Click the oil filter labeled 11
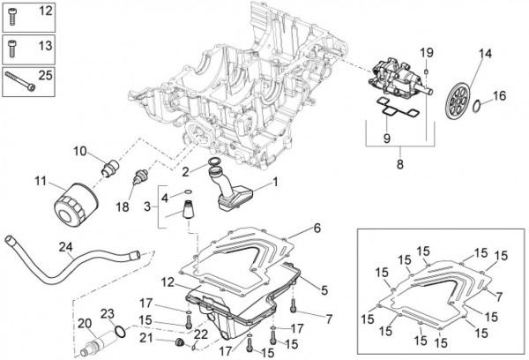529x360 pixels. pyautogui.click(x=76, y=204)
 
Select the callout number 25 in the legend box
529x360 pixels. pyautogui.click(x=45, y=75)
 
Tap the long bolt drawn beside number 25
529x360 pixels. pyautogui.click(x=20, y=82)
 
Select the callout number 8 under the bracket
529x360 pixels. pyautogui.click(x=399, y=164)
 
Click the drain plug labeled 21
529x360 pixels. pyautogui.click(x=180, y=342)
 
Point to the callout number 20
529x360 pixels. pyautogui.click(x=85, y=324)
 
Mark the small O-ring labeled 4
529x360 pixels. pyautogui.click(x=188, y=192)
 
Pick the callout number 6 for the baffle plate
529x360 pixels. pyautogui.click(x=317, y=229)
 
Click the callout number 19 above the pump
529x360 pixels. pyautogui.click(x=427, y=53)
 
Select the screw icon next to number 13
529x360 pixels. pyautogui.click(x=12, y=49)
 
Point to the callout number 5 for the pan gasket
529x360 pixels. pyautogui.click(x=324, y=289)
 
